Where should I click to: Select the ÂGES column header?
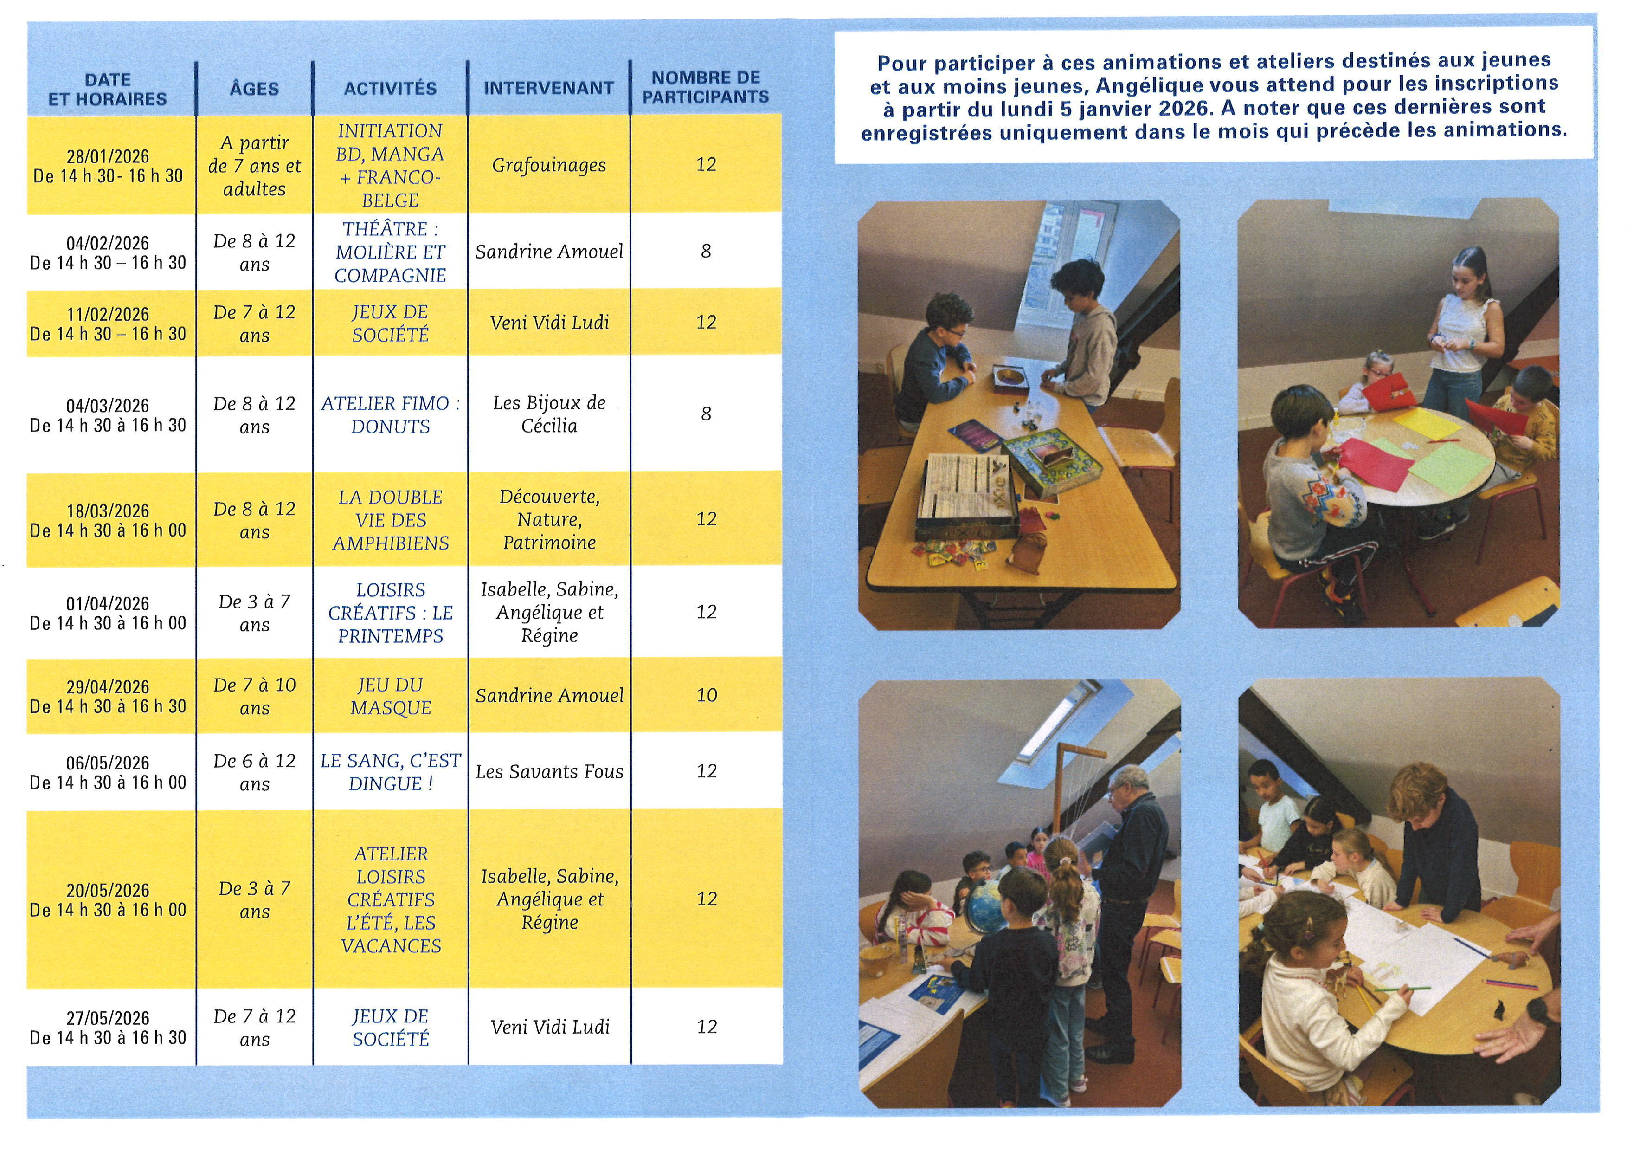click(x=254, y=89)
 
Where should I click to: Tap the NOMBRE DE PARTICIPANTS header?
click(x=706, y=87)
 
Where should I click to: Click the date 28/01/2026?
click(x=108, y=156)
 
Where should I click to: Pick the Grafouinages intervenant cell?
click(x=549, y=165)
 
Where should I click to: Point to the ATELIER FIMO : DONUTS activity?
click(x=391, y=414)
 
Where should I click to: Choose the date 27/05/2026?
click(x=108, y=1018)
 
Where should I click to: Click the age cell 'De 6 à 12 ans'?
click(x=254, y=772)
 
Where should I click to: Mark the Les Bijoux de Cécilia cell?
click(x=549, y=414)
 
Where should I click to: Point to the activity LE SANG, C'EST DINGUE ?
click(x=391, y=772)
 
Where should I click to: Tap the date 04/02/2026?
click(x=108, y=243)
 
